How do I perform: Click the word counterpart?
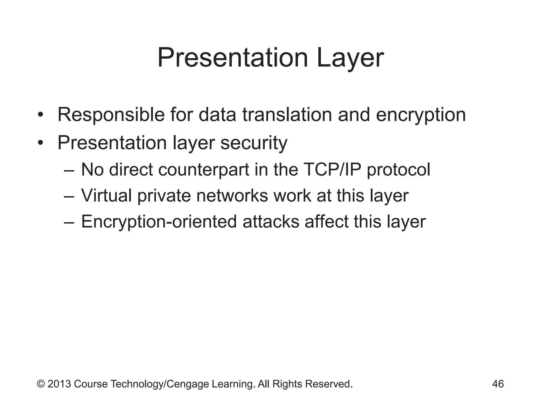(204, 170)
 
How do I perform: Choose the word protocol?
(399, 170)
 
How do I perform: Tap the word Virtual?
(106, 196)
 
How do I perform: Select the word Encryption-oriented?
(159, 222)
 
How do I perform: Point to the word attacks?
(271, 222)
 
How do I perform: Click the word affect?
(327, 222)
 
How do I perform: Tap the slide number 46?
(498, 384)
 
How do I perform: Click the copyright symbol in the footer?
(41, 384)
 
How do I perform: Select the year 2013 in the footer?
(59, 384)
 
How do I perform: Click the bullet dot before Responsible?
(40, 115)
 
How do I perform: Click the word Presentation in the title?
(233, 58)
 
